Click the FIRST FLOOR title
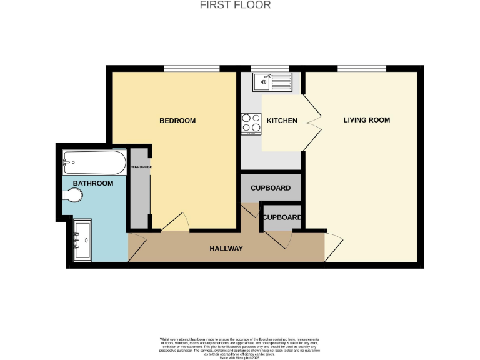(x=235, y=5)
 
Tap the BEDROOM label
(x=177, y=121)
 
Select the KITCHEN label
(x=282, y=121)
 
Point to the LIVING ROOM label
(x=366, y=120)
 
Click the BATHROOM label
(x=93, y=183)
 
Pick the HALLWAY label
(x=226, y=249)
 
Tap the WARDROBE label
(x=141, y=167)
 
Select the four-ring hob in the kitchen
(x=251, y=122)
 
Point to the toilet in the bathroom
(x=72, y=196)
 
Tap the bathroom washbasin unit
(x=82, y=239)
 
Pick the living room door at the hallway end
(x=333, y=247)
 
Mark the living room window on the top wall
(x=361, y=68)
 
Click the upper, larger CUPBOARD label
(x=271, y=188)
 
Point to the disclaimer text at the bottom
(x=240, y=346)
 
